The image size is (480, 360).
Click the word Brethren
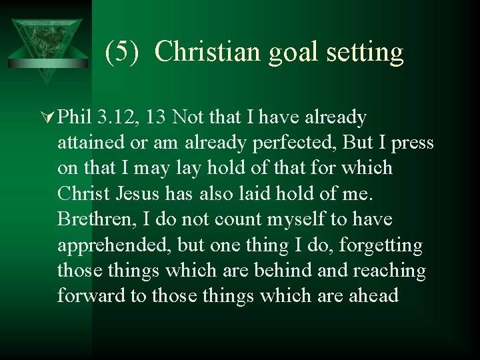pyautogui.click(x=97, y=219)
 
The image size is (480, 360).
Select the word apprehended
pyautogui.click(x=115, y=245)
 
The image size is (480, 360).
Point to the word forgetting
pyautogui.click(x=381, y=245)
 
